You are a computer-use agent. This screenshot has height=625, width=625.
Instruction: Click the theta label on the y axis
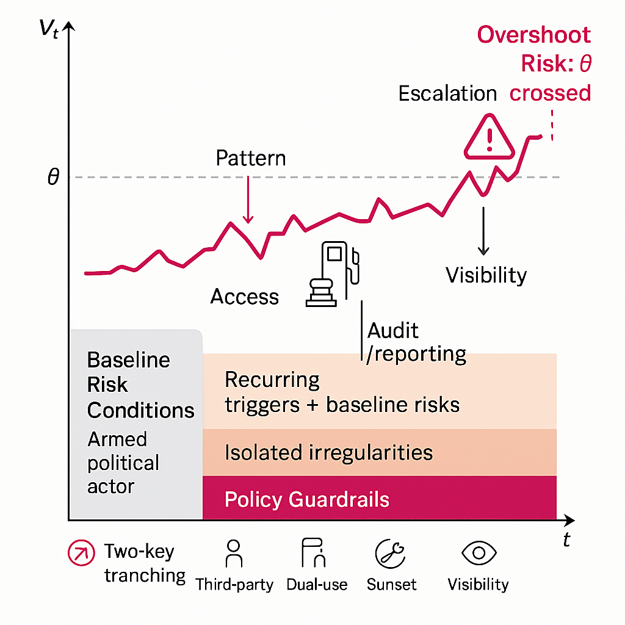coord(54,178)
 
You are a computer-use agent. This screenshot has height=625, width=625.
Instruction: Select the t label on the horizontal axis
coord(566,539)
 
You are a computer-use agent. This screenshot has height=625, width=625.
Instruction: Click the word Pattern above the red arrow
coord(250,159)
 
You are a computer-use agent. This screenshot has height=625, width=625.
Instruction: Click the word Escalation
coord(447,93)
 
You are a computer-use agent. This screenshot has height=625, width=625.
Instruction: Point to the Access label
coord(244,297)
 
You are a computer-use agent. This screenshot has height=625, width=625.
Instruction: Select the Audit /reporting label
coord(416,342)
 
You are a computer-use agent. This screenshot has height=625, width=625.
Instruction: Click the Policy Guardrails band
coord(378,499)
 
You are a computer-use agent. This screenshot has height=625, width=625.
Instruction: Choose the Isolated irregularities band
coord(378,452)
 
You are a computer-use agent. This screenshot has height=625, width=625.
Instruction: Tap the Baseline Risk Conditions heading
coord(140,385)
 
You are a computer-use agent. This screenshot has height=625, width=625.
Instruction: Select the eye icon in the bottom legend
coord(479,553)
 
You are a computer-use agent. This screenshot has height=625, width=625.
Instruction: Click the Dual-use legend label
coord(317,584)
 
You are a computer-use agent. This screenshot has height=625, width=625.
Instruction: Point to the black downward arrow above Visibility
coord(483,232)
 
